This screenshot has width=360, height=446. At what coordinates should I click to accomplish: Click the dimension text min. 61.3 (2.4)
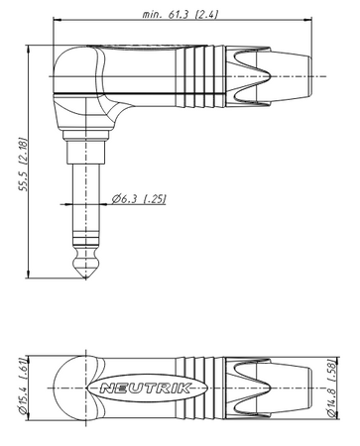click(x=180, y=14)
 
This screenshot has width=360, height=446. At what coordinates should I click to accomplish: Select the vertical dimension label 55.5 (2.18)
click(x=23, y=164)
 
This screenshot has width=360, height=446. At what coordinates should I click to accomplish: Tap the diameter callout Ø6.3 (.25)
click(x=139, y=199)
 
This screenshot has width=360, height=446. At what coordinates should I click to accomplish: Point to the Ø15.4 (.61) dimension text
click(x=23, y=387)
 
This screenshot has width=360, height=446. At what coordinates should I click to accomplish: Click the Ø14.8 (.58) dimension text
click(x=331, y=388)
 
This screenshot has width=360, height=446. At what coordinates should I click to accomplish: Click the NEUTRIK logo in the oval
click(x=146, y=388)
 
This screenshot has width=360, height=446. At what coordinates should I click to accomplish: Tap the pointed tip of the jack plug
click(x=86, y=278)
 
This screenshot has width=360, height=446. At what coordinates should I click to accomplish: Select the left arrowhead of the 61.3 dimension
click(x=57, y=20)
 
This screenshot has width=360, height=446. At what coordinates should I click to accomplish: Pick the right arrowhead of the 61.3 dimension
click(x=308, y=20)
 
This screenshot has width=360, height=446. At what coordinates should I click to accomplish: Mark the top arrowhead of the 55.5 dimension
click(x=28, y=50)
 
